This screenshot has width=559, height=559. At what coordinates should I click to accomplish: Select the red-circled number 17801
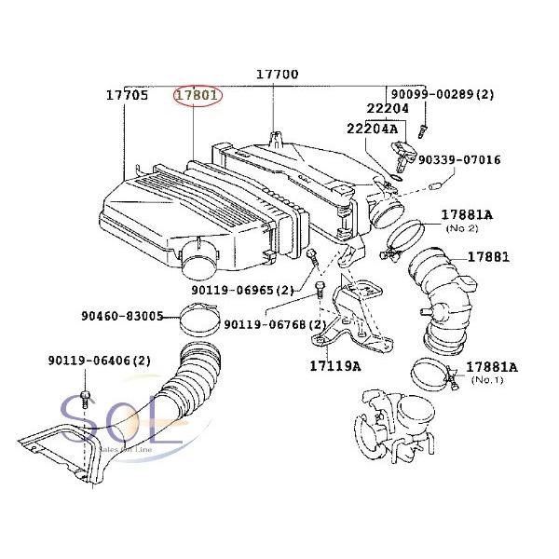coord(197,95)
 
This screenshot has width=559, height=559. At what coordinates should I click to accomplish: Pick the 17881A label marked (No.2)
coord(467,215)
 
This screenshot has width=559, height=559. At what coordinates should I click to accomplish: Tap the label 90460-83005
coord(121,317)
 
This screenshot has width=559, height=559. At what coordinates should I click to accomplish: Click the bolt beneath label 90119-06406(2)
coord(85,399)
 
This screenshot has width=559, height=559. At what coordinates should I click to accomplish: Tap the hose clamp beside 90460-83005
coord(195,322)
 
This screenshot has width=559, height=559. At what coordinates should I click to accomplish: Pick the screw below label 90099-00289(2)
coord(422,119)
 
